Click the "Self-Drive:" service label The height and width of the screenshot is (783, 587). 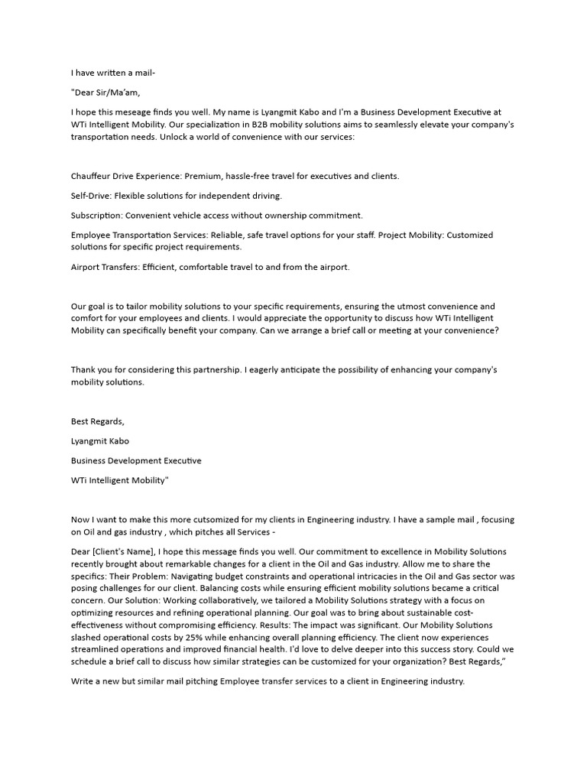pyautogui.click(x=91, y=196)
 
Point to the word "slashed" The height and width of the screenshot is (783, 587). pyautogui.click(x=87, y=637)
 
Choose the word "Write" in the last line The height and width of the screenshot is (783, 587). pyautogui.click(x=84, y=681)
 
